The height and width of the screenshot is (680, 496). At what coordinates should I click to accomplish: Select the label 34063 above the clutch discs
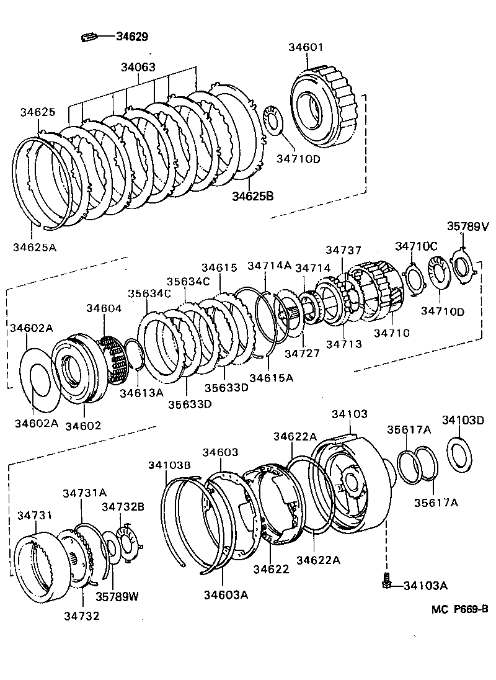pyautogui.click(x=138, y=67)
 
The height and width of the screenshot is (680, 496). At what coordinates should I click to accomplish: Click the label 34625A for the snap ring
pyautogui.click(x=34, y=247)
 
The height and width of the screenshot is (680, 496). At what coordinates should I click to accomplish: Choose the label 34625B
pyautogui.click(x=253, y=197)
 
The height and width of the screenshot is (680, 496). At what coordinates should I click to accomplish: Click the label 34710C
pyautogui.click(x=417, y=246)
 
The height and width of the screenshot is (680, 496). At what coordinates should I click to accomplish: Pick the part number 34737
pyautogui.click(x=343, y=249)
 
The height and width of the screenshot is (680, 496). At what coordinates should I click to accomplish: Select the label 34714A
pyautogui.click(x=269, y=266)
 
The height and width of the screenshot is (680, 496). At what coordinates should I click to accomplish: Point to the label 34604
pyautogui.click(x=104, y=308)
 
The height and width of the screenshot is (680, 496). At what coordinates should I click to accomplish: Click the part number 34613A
pyautogui.click(x=141, y=393)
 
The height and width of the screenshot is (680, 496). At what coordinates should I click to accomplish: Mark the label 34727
pyautogui.click(x=303, y=354)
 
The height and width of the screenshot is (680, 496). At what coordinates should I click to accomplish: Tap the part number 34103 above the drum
pyautogui.click(x=349, y=413)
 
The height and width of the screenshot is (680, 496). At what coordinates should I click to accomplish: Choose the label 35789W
pyautogui.click(x=117, y=596)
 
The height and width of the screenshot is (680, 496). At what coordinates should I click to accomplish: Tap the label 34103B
pyautogui.click(x=169, y=465)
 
